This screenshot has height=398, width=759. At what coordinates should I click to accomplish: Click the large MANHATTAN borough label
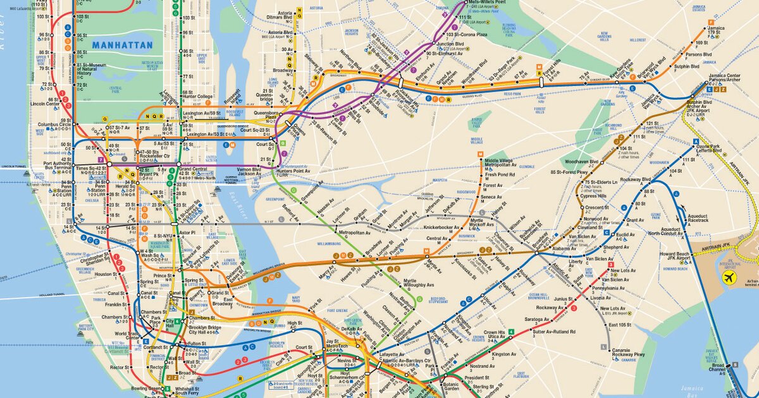click(x=122, y=45)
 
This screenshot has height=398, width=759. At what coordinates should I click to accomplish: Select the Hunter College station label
click(x=197, y=97)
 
